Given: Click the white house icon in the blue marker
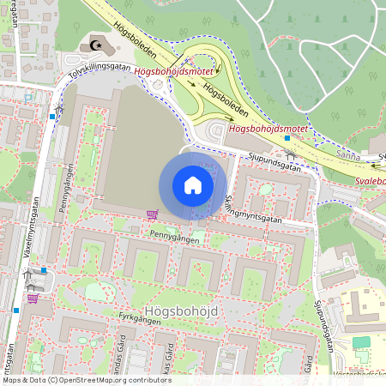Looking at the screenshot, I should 192,185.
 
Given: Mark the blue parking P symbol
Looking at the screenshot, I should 29,98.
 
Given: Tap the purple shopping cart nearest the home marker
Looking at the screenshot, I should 152,214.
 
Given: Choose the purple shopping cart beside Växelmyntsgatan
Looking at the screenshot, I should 33,299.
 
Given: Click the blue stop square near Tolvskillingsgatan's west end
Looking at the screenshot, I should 52,117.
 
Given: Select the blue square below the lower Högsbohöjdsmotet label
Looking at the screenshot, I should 287,138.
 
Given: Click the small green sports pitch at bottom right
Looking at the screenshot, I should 361,342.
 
